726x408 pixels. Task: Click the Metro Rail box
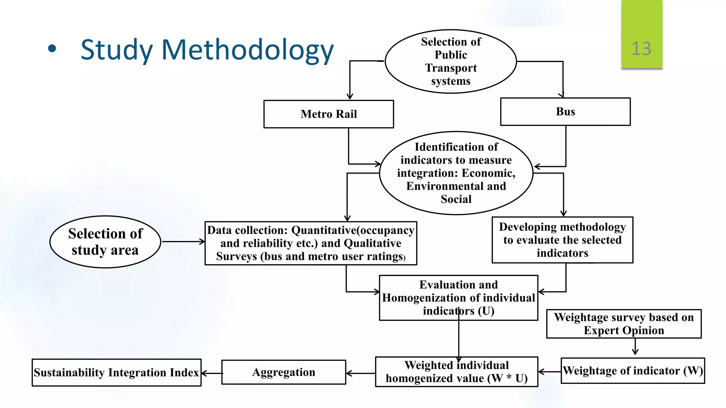click(x=329, y=114)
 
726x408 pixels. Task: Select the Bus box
click(x=565, y=112)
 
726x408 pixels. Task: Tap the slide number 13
click(x=641, y=49)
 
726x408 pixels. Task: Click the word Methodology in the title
click(x=247, y=50)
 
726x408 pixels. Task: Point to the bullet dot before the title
click(x=52, y=49)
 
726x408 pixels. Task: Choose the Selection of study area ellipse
click(x=105, y=242)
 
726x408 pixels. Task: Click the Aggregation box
click(x=284, y=372)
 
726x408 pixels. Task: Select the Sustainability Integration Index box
click(x=116, y=373)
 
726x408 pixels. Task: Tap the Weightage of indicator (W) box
click(x=632, y=371)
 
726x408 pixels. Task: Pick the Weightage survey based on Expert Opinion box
click(x=624, y=324)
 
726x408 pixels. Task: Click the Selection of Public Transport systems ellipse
click(x=451, y=61)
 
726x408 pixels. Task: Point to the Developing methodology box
click(x=562, y=240)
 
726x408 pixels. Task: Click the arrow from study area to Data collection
click(x=183, y=242)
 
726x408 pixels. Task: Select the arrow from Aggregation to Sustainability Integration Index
click(x=212, y=373)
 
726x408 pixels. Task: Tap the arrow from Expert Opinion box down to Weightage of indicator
click(x=635, y=347)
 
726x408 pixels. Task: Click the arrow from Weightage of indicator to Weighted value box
click(x=549, y=372)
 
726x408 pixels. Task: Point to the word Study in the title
click(x=117, y=50)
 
